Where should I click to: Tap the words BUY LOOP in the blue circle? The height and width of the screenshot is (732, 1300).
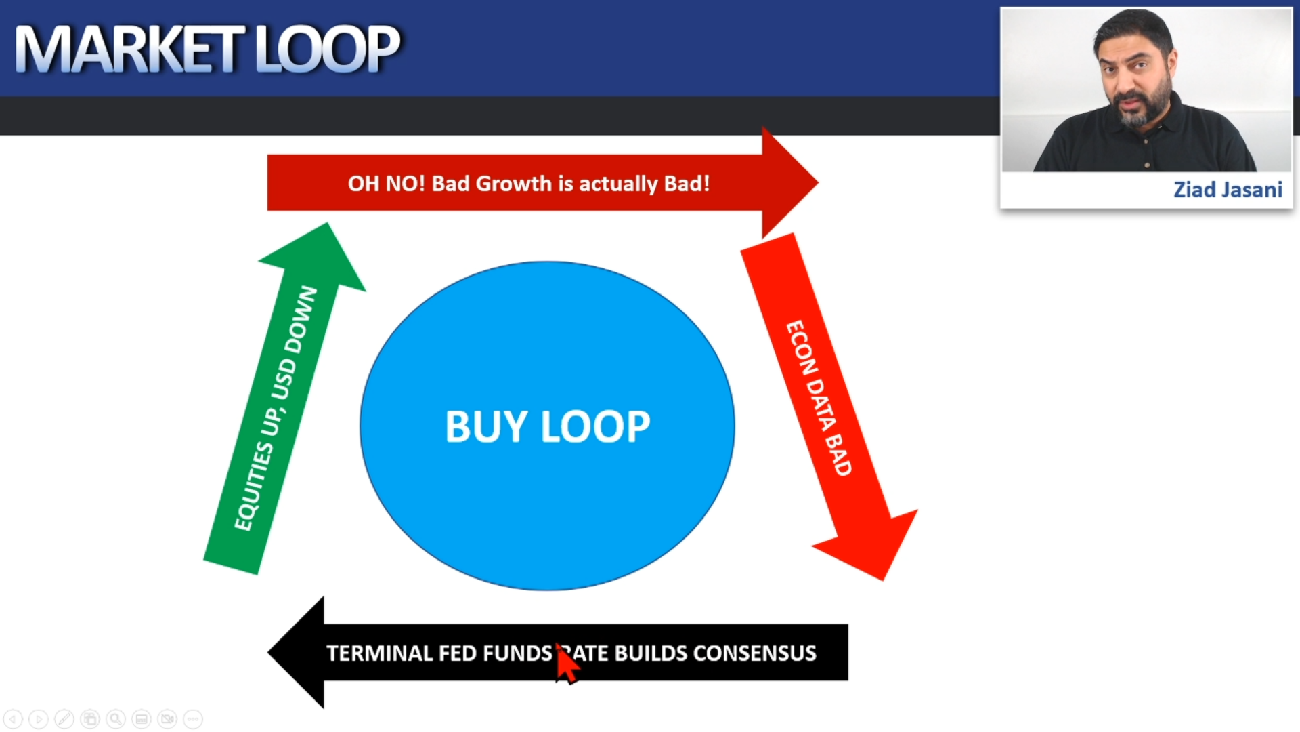548,427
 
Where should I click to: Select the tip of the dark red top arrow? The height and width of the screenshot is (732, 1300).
818,182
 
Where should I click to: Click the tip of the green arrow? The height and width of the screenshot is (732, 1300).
328,223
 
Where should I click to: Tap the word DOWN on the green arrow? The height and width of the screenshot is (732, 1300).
301,320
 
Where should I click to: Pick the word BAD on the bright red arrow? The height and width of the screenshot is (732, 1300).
838,454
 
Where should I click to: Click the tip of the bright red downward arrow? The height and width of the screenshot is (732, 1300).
884,580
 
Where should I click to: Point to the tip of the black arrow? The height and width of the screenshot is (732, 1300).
269,653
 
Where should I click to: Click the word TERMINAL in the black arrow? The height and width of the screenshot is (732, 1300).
379,653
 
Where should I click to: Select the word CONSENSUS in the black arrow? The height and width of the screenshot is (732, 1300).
754,653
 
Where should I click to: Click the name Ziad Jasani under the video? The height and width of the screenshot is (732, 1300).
1228,190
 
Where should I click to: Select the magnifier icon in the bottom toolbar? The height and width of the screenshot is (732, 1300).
116,718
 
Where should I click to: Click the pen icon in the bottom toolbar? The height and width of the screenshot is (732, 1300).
64,718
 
